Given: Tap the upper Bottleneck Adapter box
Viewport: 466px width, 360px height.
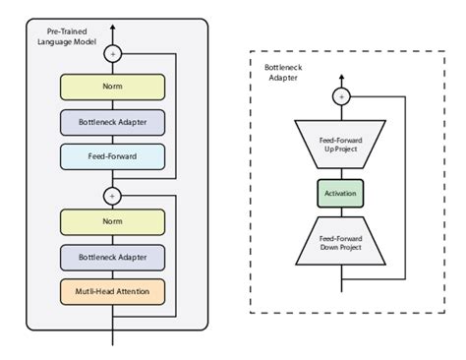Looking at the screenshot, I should (111, 123).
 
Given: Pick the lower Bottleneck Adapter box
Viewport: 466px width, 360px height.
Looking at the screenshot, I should (111, 258).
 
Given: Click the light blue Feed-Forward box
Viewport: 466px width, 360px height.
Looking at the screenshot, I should (111, 155).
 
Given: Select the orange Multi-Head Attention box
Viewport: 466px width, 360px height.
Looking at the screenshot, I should (111, 291).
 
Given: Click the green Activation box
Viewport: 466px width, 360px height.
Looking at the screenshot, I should (341, 192).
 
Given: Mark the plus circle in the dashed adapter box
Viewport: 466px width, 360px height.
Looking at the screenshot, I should (341, 96).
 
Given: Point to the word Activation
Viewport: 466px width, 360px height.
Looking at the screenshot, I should (341, 192).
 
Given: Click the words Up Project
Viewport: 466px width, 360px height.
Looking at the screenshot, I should (341, 150).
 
